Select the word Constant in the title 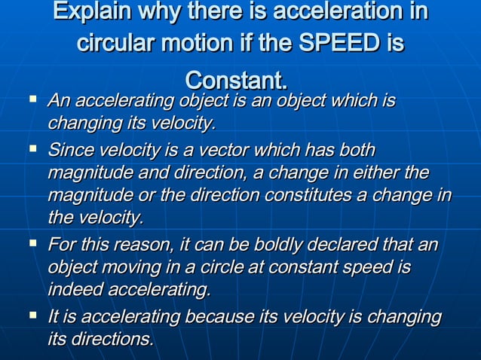tap(234, 80)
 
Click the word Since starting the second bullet tap(69, 150)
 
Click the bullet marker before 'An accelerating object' tap(32, 99)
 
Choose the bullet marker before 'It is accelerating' tap(32, 316)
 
